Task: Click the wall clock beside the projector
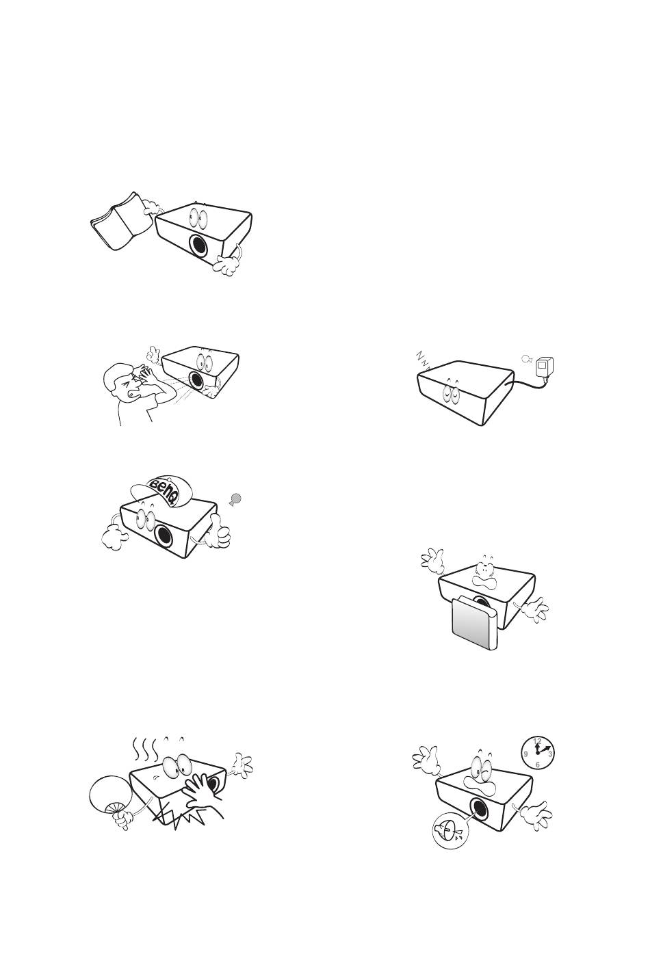pyautogui.click(x=538, y=753)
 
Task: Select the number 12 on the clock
pyautogui.click(x=538, y=741)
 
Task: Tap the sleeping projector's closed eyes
pyautogui.click(x=450, y=393)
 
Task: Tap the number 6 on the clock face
pyautogui.click(x=537, y=765)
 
